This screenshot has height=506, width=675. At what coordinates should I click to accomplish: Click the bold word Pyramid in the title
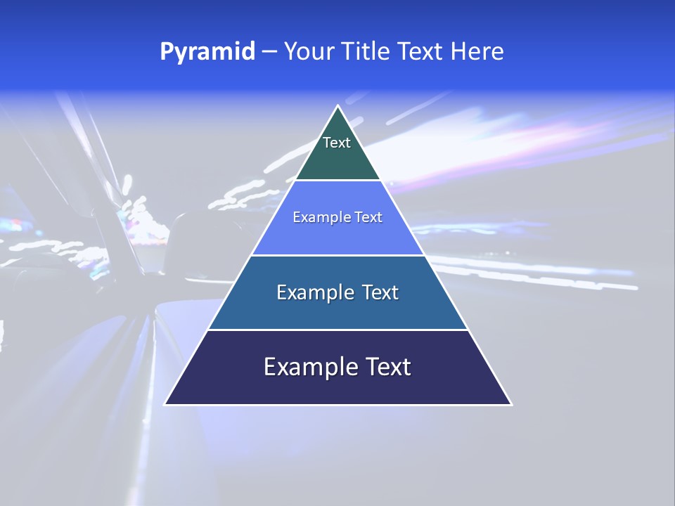tap(207, 52)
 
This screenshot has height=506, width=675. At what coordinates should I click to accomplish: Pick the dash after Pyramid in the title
tap(269, 52)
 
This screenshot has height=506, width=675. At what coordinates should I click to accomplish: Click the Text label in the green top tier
tap(337, 143)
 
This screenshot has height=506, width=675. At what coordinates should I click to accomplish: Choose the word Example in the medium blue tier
tap(315, 292)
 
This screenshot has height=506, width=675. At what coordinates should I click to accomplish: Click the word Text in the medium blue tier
tap(381, 292)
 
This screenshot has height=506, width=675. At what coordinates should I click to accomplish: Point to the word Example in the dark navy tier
tap(309, 367)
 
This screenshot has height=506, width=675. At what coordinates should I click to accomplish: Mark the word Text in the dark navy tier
tap(387, 367)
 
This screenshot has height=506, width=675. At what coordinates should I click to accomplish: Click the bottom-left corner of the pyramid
tap(165, 404)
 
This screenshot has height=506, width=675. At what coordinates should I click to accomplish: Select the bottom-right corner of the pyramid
tap(511, 404)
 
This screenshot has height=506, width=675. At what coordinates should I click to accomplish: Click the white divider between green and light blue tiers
tap(337, 181)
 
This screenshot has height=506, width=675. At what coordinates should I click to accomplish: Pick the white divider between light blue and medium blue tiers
tap(337, 255)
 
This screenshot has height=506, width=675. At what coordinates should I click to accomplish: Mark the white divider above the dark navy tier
tap(337, 330)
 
